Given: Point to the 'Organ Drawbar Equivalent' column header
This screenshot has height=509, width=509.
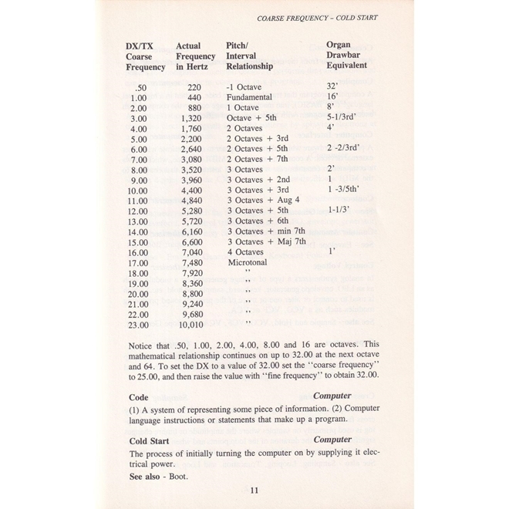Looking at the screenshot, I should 346,56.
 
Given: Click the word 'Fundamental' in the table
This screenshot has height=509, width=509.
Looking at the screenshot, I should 249,98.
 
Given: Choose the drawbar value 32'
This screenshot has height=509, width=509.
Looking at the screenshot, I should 334,87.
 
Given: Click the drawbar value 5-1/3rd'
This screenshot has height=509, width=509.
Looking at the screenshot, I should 345,119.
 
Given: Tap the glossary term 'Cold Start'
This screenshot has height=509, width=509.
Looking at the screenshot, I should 150,440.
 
